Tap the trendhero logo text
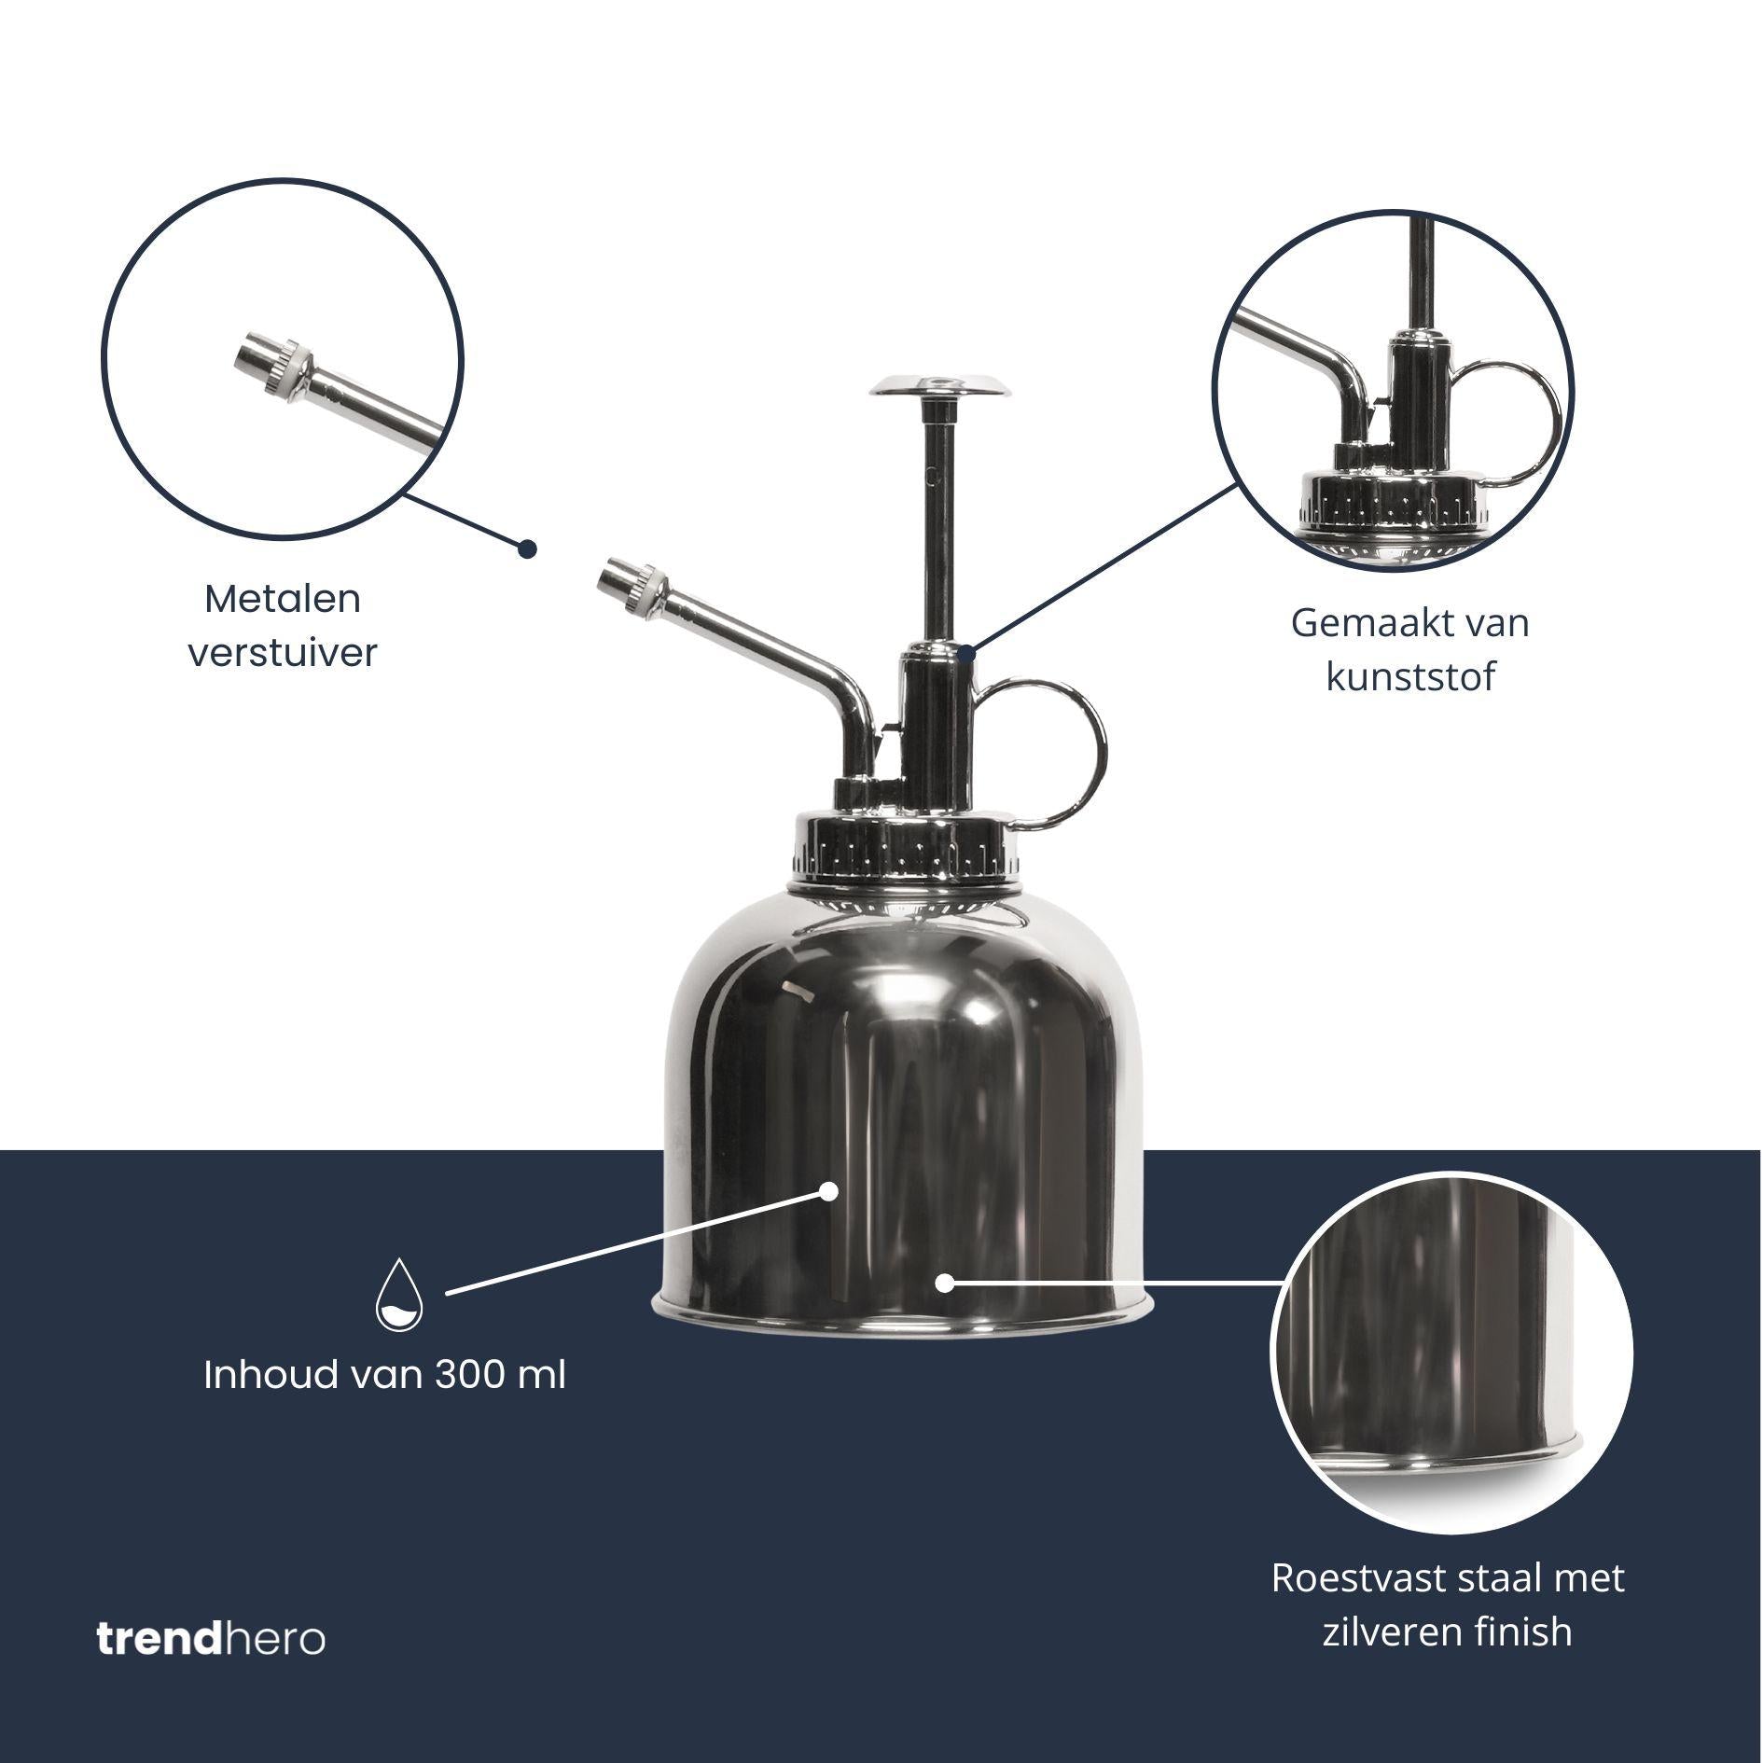pyautogui.click(x=211, y=1640)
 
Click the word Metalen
pyautogui.click(x=283, y=599)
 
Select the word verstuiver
pyautogui.click(x=283, y=653)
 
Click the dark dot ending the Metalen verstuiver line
pyautogui.click(x=527, y=548)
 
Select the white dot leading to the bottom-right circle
pyautogui.click(x=944, y=1283)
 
